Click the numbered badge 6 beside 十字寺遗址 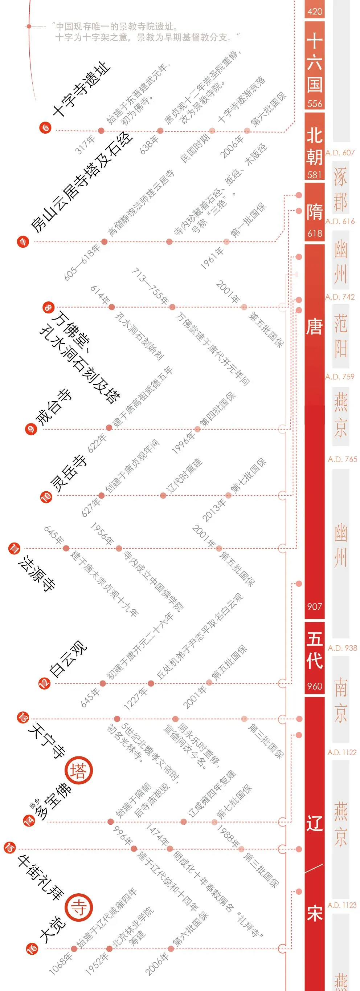coord(45,127)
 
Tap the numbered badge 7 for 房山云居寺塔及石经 coord(23,241)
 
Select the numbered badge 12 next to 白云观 coord(44,683)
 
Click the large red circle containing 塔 coord(79,771)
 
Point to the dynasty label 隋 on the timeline coord(314,212)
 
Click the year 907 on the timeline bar coord(314,606)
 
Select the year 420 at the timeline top coord(314,12)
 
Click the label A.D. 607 coord(340,153)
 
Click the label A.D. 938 coord(342,648)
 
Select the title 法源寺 coord(37,573)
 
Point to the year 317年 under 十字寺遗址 coord(85,145)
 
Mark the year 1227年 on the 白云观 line coord(135,699)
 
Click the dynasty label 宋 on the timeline coord(314,913)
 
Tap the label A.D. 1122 coord(342,752)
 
